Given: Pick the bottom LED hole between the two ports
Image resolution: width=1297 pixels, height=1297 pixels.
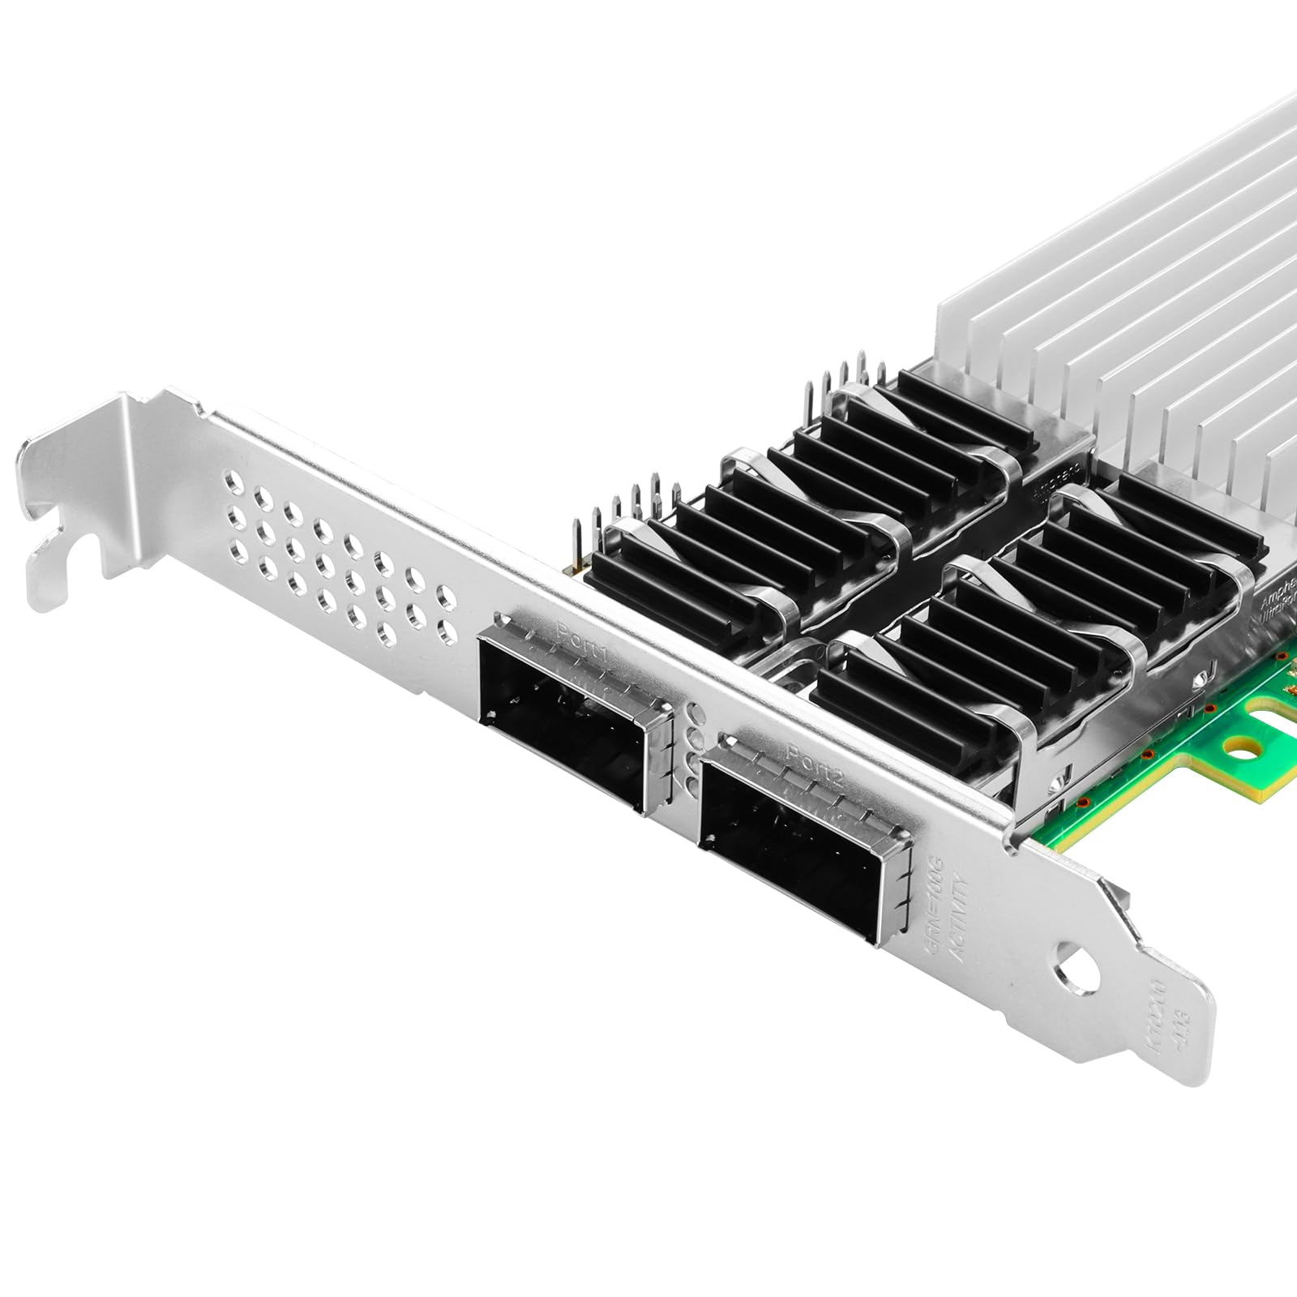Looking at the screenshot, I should point(690,781).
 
